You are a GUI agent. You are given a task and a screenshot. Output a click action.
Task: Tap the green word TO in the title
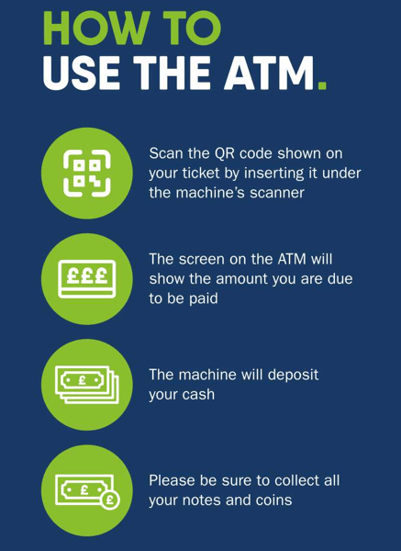pos(193,28)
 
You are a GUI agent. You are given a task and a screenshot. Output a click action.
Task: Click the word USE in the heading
pos(81,73)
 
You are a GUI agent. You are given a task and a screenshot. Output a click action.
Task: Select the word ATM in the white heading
pos(270,73)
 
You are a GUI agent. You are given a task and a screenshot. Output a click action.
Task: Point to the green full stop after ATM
pos(322,85)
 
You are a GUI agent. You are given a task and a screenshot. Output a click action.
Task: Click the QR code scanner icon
pos(87,173)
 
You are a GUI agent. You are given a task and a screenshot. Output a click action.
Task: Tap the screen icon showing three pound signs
pos(87,279)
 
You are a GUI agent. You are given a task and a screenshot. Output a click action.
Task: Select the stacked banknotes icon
pos(87,385)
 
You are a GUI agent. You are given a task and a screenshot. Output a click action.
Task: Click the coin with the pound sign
pos(109,500)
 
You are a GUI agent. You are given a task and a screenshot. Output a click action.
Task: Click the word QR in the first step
pos(223,154)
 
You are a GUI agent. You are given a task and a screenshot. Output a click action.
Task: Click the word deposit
pos(294,375)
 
